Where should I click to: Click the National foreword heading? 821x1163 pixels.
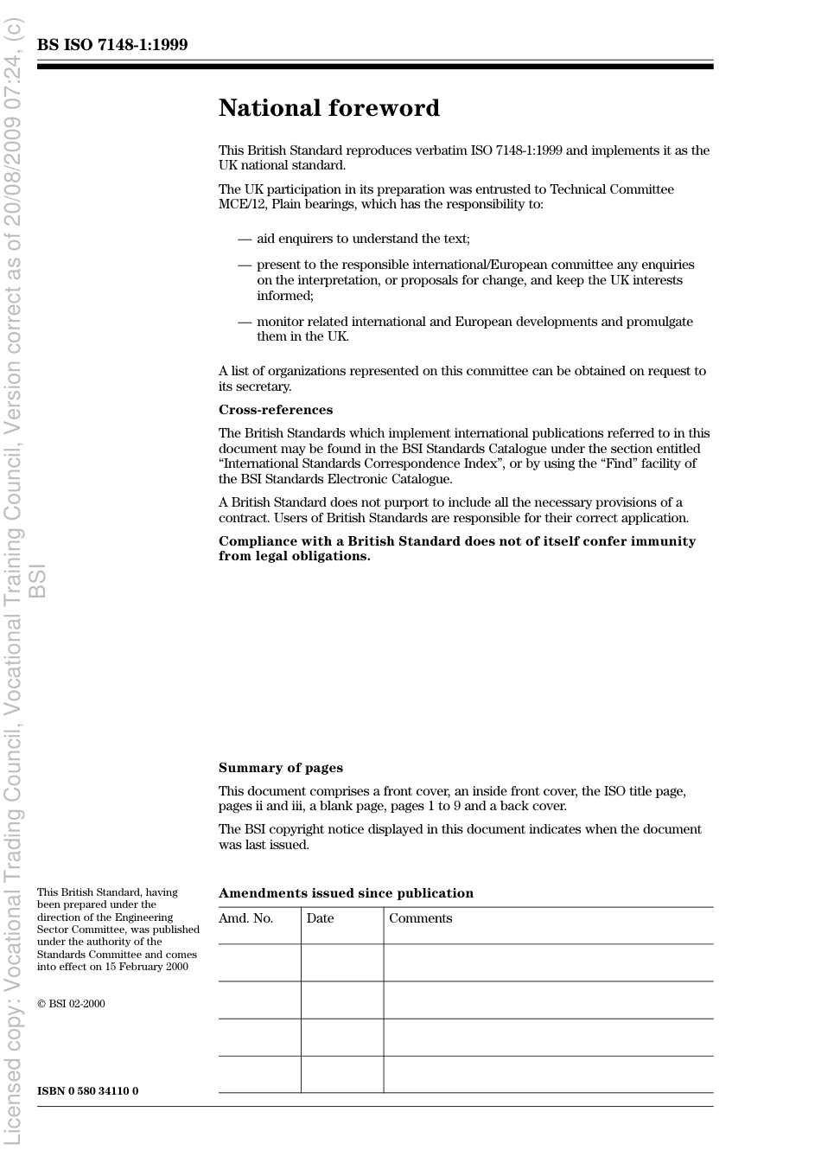[328, 108]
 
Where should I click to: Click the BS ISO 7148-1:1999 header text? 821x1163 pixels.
[112, 45]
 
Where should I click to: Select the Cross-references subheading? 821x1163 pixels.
[275, 410]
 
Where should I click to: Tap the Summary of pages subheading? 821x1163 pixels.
[280, 768]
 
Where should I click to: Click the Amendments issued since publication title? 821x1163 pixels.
[346, 893]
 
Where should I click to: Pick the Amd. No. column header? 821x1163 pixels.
[245, 918]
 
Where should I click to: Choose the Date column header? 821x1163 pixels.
[320, 918]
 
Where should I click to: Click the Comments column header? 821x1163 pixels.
[420, 918]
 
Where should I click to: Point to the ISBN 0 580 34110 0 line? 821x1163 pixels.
[87, 1091]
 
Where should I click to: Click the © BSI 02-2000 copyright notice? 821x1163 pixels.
[71, 1004]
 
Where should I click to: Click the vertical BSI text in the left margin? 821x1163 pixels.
[37, 581]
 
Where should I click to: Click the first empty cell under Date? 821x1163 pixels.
[342, 962]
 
